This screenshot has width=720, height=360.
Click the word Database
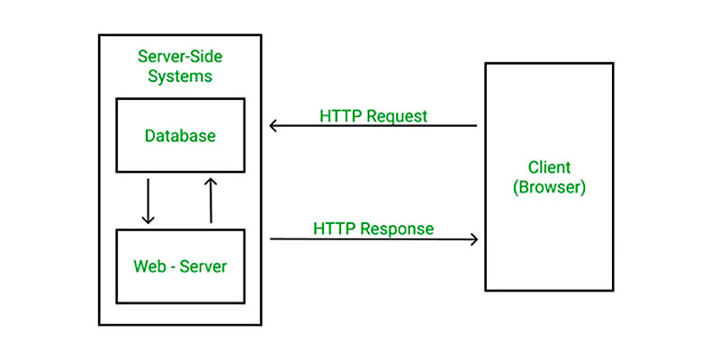pos(180,136)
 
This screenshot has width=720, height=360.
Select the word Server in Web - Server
pos(203,266)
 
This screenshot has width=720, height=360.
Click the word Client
pos(549,167)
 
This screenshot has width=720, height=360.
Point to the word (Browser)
pos(549,187)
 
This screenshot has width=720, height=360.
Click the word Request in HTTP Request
pos(398,116)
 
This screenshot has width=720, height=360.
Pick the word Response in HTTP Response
pos(397,229)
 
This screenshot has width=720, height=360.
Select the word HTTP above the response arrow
pos(335,229)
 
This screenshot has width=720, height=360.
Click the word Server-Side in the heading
pos(180,57)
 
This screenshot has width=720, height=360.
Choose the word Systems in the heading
pos(180,76)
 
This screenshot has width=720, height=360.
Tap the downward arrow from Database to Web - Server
pos(148,201)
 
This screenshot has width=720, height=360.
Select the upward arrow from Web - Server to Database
pos(211,200)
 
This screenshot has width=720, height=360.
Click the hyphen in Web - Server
pos(172,267)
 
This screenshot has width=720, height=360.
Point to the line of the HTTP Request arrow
pos(373,125)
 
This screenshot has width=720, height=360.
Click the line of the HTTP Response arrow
pos(374,239)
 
